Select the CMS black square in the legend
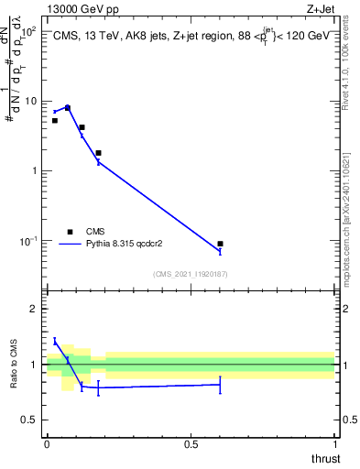(69, 232)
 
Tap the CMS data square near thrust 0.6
(220, 244)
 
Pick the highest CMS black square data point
(67, 107)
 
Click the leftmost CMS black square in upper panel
(54, 120)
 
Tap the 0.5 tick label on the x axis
(191, 444)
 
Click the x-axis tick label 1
(334, 444)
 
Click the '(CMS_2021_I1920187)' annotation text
(191, 274)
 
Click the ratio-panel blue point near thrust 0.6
(220, 385)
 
